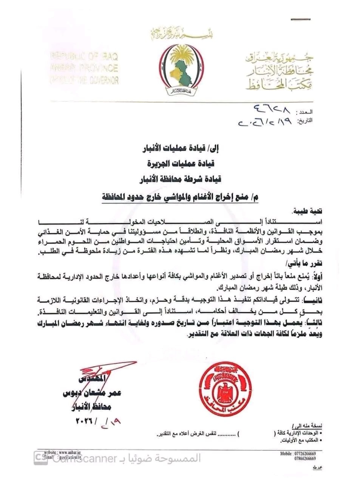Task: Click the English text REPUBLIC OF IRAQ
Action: tap(84, 57)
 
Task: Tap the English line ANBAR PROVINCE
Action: tap(84, 68)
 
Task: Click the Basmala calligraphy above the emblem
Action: tap(181, 35)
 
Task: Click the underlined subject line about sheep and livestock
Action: tap(181, 196)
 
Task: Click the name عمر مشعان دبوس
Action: tap(92, 394)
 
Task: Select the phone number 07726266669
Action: tap(303, 453)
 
